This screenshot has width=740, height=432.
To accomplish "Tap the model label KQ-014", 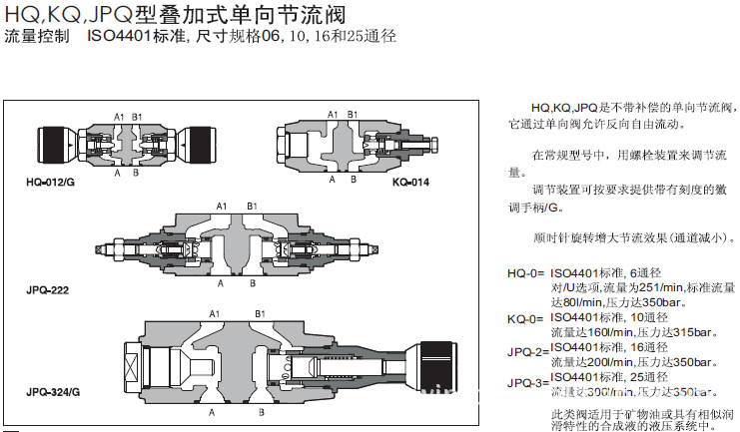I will pyautogui.click(x=410, y=183).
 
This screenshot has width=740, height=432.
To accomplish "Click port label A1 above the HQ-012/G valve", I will pyautogui.click(x=119, y=118).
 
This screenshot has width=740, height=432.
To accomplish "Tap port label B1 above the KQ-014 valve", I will pyautogui.click(x=353, y=116).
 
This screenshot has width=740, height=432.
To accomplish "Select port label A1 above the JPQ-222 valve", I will pyautogui.click(x=223, y=206).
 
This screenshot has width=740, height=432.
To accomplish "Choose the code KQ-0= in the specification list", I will pyautogui.click(x=525, y=318).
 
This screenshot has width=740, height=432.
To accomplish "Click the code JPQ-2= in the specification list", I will pyautogui.click(x=527, y=351).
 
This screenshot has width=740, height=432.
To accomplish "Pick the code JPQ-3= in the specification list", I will pyautogui.click(x=527, y=383).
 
